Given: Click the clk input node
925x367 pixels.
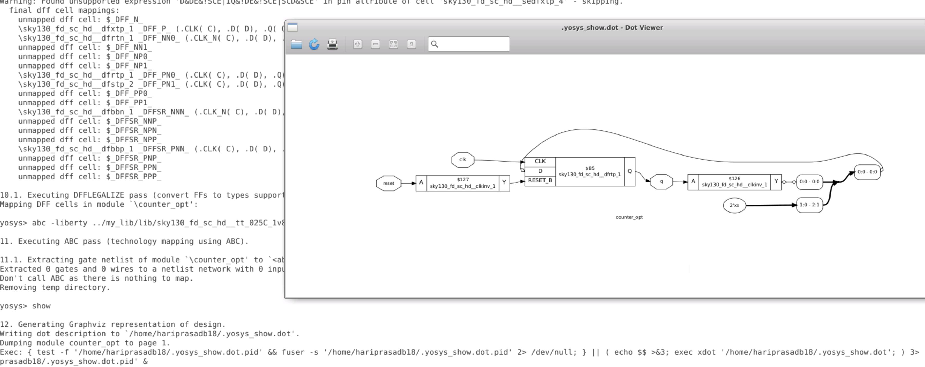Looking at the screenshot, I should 463,160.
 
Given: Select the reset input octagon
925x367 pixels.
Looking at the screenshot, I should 388,183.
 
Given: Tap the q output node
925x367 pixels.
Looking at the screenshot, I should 661,181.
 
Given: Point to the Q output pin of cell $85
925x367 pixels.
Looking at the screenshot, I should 630,171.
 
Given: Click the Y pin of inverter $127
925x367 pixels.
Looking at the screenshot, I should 504,182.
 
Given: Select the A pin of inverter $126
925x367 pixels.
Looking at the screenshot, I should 693,181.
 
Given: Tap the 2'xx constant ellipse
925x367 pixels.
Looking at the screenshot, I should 734,205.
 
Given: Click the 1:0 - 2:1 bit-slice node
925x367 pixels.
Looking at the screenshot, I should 809,205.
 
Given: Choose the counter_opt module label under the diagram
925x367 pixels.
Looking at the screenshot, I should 629,217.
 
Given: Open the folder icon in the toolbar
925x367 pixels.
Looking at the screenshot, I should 296,44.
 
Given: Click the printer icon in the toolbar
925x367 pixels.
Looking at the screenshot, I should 332,44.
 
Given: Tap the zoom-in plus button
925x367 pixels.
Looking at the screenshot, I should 357,44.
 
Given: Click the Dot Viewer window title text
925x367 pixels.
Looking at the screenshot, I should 612,28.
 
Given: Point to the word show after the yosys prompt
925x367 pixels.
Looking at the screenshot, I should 41,306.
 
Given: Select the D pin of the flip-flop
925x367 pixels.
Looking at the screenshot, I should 540,171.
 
